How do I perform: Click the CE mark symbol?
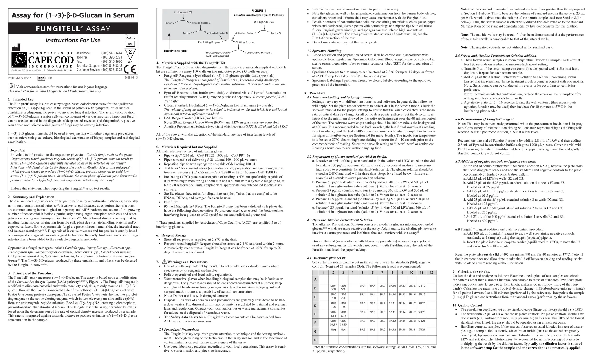tap(130, 70)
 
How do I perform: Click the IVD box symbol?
tap(130, 44)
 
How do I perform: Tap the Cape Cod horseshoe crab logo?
tap(19, 60)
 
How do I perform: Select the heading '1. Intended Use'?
tap(20, 99)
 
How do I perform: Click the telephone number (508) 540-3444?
tap(111, 53)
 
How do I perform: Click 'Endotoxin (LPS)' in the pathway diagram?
tap(183, 12)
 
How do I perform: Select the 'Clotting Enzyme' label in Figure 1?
tap(245, 42)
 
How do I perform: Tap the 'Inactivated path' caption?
tap(175, 51)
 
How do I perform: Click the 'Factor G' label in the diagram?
tap(276, 33)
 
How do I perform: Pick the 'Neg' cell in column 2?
tap(333, 330)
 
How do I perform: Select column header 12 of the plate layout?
tap(431, 273)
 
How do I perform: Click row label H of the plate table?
tap(315, 340)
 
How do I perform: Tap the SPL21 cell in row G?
tap(422, 330)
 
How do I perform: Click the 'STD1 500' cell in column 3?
tap(343, 288)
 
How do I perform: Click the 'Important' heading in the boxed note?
tap(18, 150)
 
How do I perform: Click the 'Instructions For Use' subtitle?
tap(73, 40)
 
